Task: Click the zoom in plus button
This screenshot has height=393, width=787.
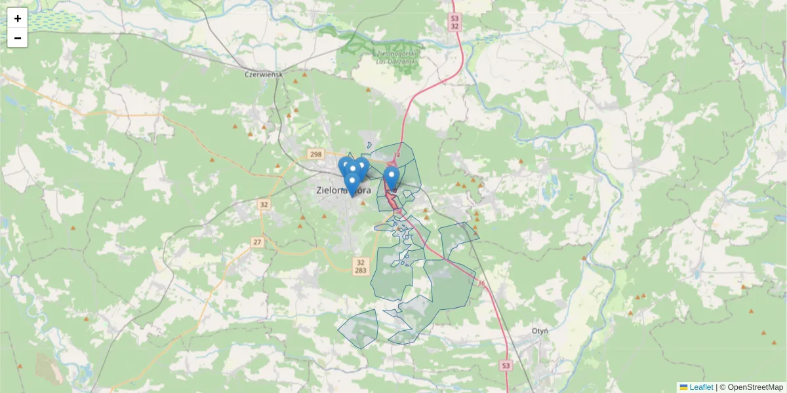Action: coord(18,18)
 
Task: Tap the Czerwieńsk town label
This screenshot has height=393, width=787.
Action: coord(262,74)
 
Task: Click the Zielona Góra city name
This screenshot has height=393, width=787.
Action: coord(343,191)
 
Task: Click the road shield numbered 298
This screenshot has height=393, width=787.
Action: coord(315,154)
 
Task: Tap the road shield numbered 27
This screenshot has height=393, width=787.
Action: coord(257,242)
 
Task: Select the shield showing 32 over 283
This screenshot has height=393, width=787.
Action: coord(360,266)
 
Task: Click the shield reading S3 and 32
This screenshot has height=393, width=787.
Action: coord(455,22)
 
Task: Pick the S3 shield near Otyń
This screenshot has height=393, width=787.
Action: coord(504,365)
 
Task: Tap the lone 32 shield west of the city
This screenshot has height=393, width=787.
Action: coord(264,204)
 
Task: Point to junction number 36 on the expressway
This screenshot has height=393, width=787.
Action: coord(481,284)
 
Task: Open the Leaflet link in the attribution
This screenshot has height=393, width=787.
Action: coord(701,387)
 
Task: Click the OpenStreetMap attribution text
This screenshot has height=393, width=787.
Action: coord(755,387)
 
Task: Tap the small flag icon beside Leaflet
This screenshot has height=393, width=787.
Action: coord(683,387)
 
